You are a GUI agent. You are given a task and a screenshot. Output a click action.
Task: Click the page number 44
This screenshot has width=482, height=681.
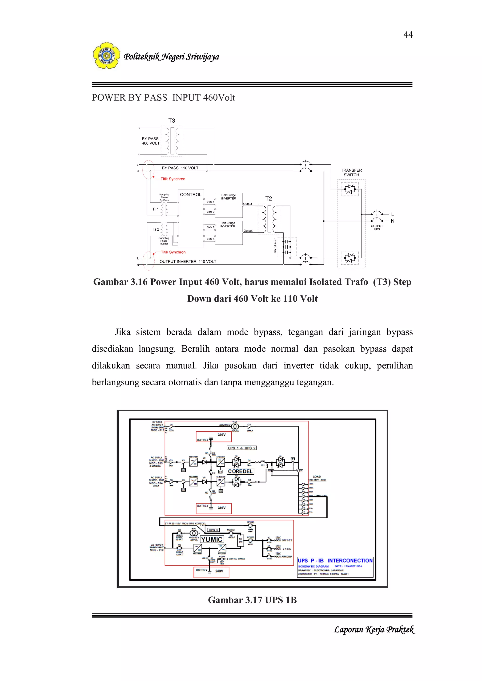408,35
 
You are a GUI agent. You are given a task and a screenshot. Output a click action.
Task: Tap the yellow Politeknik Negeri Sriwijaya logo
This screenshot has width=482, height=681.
107,55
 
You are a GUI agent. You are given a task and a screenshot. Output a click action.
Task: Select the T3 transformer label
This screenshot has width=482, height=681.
172,121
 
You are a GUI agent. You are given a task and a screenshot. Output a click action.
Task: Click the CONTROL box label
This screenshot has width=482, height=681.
191,195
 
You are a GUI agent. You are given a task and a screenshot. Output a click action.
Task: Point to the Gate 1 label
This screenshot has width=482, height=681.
210,202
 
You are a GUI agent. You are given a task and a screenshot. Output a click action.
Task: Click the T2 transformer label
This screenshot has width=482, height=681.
269,199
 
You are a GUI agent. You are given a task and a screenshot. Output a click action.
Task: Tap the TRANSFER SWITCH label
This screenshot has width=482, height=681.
351,173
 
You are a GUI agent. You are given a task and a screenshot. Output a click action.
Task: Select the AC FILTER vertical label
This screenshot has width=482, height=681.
275,246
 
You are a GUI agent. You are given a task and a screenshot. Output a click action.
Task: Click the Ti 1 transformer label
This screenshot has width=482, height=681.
156,209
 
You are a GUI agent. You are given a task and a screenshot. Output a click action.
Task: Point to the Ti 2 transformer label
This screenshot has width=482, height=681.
156,229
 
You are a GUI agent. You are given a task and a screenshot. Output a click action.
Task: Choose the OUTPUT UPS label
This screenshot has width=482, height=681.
377,228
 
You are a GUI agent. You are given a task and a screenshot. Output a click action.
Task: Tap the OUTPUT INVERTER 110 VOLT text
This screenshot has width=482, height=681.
188,262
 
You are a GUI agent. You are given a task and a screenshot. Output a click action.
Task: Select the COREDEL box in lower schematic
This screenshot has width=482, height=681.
240,471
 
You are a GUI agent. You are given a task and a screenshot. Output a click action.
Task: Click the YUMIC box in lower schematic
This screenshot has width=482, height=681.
212,539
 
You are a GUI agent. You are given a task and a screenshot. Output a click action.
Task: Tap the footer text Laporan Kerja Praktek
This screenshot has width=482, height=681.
374,629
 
